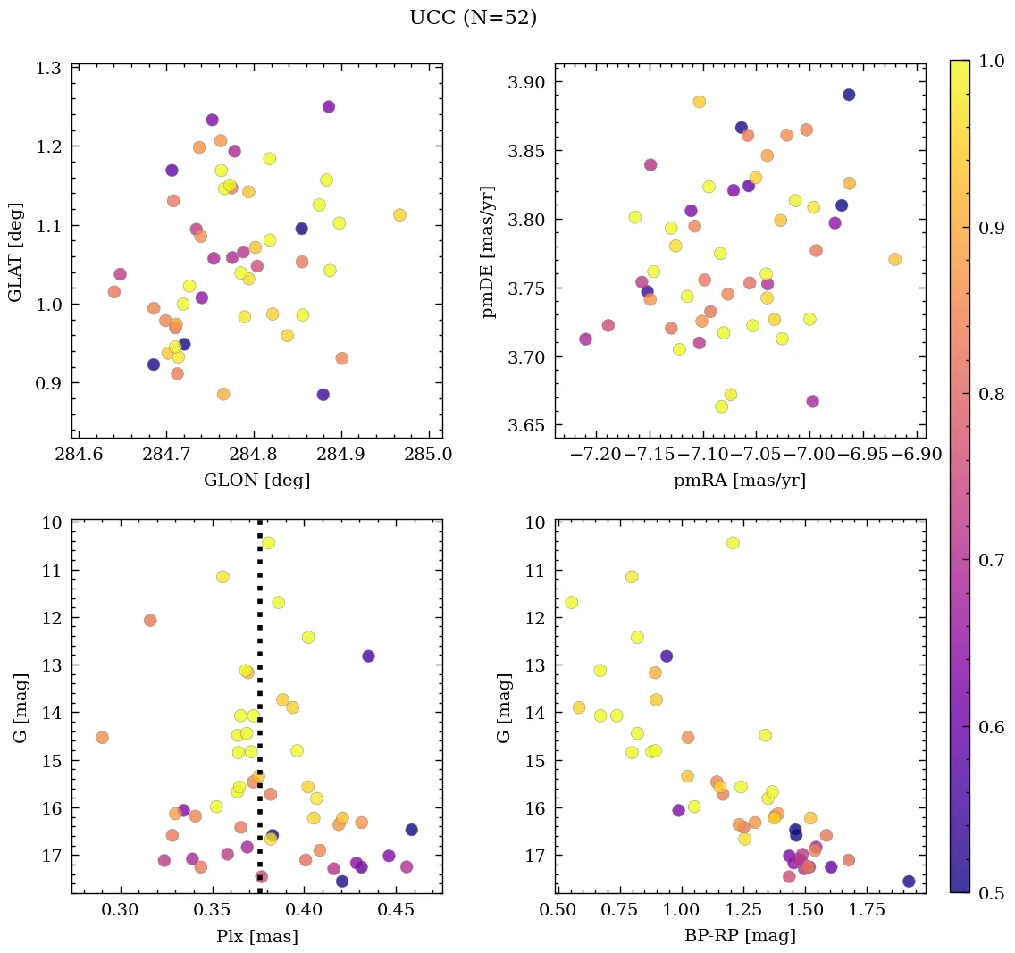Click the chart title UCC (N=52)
(x=473, y=18)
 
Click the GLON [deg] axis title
(x=257, y=481)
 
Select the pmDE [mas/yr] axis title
(x=489, y=252)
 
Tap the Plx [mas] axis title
(x=257, y=936)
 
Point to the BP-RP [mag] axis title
(x=740, y=936)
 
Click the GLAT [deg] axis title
(x=16, y=252)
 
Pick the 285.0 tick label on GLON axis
(x=429, y=455)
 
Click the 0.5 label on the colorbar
(x=990, y=893)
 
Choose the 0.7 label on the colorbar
(x=990, y=560)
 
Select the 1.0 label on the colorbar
(x=990, y=61)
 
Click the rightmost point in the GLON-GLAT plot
(x=399, y=214)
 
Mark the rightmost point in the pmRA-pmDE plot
(x=894, y=259)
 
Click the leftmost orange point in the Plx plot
(x=102, y=737)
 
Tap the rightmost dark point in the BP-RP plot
(x=909, y=881)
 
